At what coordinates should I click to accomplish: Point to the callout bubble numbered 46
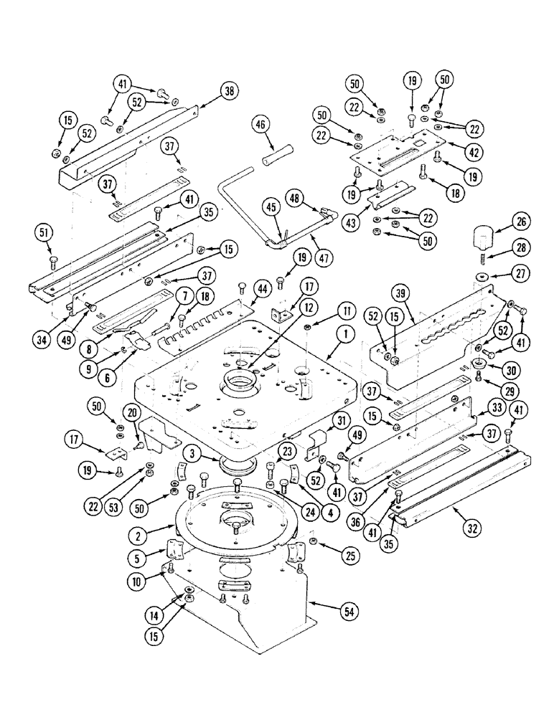pyautogui.click(x=259, y=124)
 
